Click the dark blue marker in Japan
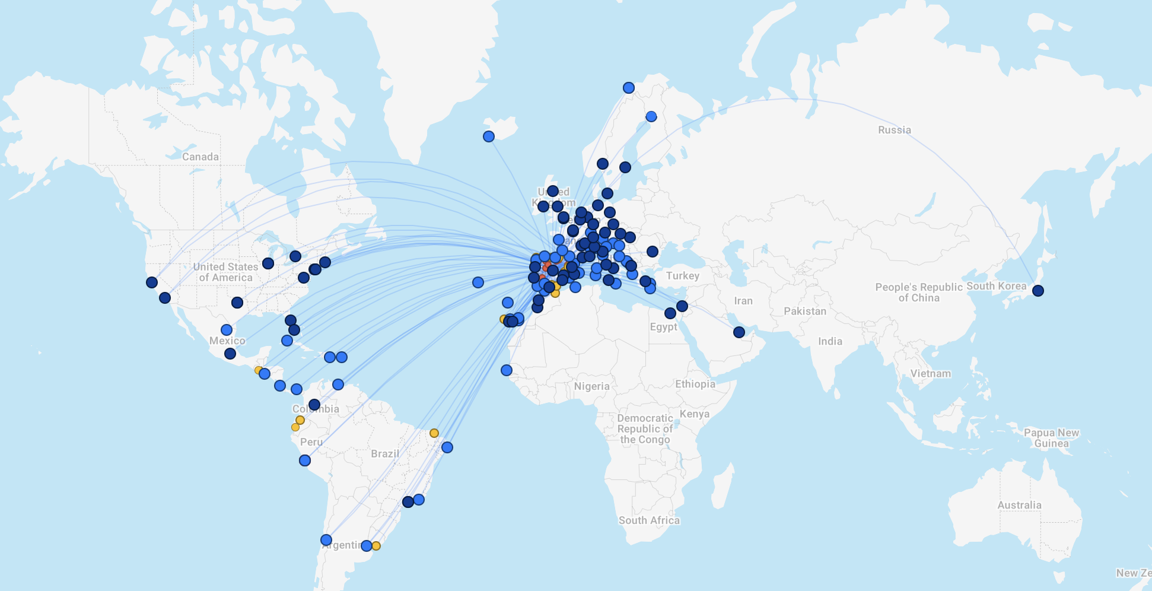(1038, 291)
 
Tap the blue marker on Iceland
(488, 136)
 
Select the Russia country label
(894, 130)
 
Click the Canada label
(200, 157)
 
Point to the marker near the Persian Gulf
(739, 332)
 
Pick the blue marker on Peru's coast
(304, 460)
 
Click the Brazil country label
(384, 454)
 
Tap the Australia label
(1019, 506)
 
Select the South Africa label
(648, 520)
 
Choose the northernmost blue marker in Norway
(628, 88)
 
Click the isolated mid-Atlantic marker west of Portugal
(478, 282)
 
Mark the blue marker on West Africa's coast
(506, 370)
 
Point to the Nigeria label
(591, 386)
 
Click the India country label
(829, 341)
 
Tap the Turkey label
(682, 276)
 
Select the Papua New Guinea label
(1051, 438)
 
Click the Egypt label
(663, 327)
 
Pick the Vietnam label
(930, 374)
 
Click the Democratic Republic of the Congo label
(644, 428)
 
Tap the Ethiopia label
(695, 384)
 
